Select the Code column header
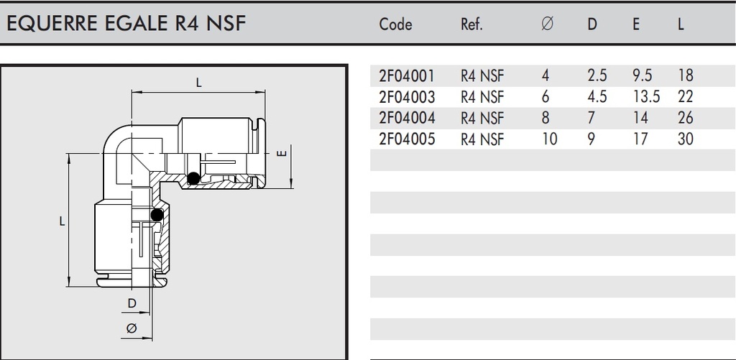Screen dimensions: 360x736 click(395, 24)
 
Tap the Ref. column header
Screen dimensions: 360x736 click(471, 24)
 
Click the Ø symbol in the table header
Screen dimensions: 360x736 click(547, 24)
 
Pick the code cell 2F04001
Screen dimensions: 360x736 click(406, 75)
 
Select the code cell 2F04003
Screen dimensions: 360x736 click(406, 96)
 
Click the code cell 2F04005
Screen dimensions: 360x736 click(406, 139)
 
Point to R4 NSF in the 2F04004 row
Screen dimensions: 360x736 click(482, 118)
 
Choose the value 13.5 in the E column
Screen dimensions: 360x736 click(641, 96)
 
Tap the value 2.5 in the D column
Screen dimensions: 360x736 click(597, 75)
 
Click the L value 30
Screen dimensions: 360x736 click(685, 139)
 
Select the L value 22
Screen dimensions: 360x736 click(685, 96)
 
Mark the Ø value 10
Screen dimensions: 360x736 click(549, 139)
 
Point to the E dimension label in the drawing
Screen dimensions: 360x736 click(282, 153)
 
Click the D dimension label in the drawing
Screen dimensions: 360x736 click(132, 303)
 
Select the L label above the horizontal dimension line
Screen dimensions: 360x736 click(199, 83)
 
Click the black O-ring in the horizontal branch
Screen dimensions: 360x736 click(193, 180)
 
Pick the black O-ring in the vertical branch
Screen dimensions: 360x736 click(157, 214)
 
